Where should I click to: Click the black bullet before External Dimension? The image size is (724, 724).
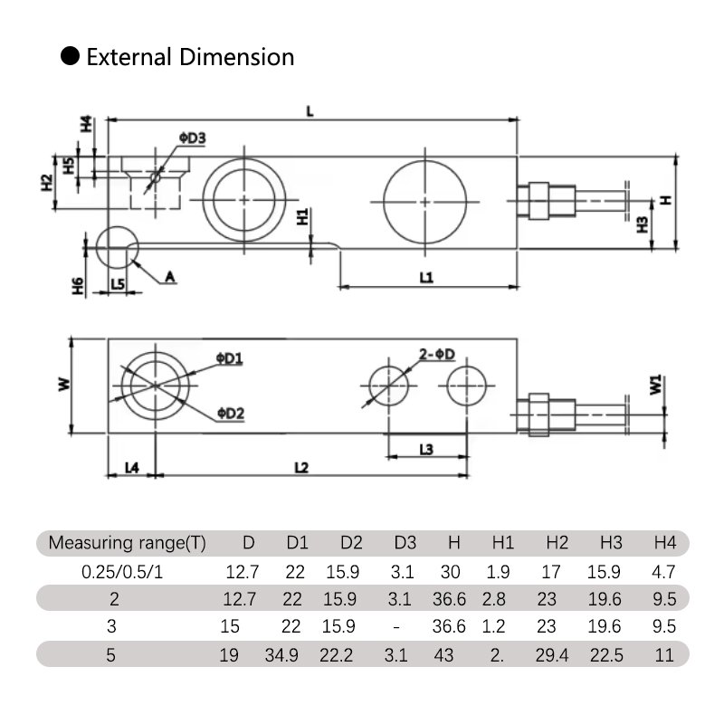click(71, 57)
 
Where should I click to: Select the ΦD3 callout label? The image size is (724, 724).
click(193, 138)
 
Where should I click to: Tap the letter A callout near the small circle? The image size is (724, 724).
click(168, 278)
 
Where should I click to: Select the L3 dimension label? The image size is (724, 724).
click(427, 449)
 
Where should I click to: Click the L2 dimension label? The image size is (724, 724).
click(302, 468)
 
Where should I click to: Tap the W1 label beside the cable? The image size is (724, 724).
click(655, 386)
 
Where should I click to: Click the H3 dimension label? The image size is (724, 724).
click(642, 224)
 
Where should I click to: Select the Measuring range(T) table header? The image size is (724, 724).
click(127, 543)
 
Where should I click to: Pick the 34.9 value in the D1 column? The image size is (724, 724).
click(298, 654)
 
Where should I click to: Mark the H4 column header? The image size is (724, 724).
click(665, 543)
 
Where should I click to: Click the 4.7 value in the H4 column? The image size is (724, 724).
click(665, 572)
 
